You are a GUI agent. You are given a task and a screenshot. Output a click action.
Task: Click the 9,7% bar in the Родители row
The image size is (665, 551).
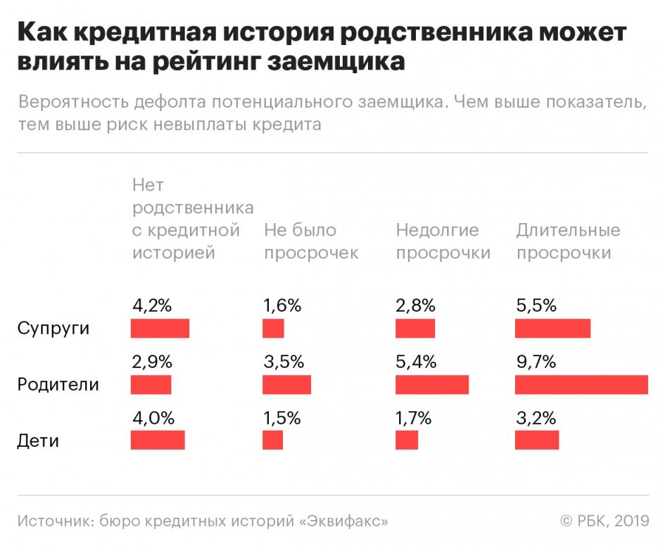click(x=581, y=384)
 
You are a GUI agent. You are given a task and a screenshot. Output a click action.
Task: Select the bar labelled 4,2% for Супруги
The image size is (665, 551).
click(x=160, y=329)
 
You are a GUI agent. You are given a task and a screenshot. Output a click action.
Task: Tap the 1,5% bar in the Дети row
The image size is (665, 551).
click(x=273, y=440)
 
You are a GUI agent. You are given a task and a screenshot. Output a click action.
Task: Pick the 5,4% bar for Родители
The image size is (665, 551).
click(x=432, y=384)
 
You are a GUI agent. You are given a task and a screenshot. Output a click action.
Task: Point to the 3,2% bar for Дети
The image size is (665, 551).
click(x=537, y=440)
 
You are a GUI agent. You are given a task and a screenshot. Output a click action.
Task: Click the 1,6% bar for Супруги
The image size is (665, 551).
click(x=274, y=329)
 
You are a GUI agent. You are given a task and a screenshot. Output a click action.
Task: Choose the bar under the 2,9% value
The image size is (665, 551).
click(x=151, y=384)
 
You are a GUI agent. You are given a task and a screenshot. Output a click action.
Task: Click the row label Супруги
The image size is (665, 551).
click(x=53, y=329)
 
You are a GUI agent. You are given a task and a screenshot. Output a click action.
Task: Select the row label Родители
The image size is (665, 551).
click(x=58, y=385)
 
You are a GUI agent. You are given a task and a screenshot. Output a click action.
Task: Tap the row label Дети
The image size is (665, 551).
click(x=38, y=441)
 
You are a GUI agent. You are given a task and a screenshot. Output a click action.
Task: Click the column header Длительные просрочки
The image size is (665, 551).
click(x=569, y=241)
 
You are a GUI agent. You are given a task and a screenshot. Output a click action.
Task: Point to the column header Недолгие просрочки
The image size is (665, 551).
click(x=443, y=241)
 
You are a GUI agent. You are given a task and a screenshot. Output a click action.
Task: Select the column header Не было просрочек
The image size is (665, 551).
click(x=312, y=241)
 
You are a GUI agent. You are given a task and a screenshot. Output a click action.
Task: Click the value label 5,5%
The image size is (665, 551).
click(x=536, y=305)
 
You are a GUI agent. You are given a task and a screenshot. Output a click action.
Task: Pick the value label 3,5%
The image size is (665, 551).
click(x=284, y=362)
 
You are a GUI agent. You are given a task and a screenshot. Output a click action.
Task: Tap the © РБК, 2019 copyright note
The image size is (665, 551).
click(x=604, y=521)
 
